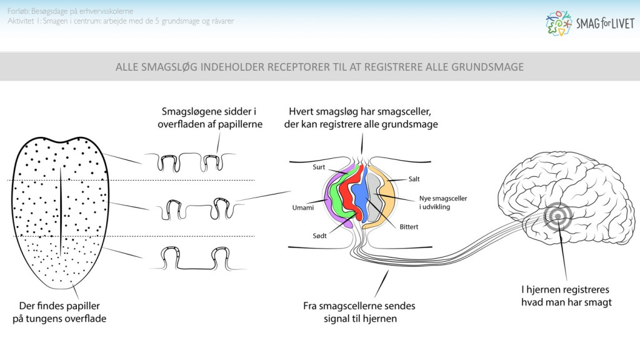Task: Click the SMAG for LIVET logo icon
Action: (x=558, y=22)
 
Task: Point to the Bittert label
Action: (x=409, y=226)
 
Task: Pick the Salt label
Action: (x=414, y=179)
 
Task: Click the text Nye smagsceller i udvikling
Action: (x=443, y=202)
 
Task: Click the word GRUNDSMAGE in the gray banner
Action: (x=481, y=67)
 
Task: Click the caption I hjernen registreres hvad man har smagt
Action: (x=566, y=296)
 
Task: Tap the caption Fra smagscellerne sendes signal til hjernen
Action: (x=359, y=312)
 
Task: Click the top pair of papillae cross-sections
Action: (x=188, y=162)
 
